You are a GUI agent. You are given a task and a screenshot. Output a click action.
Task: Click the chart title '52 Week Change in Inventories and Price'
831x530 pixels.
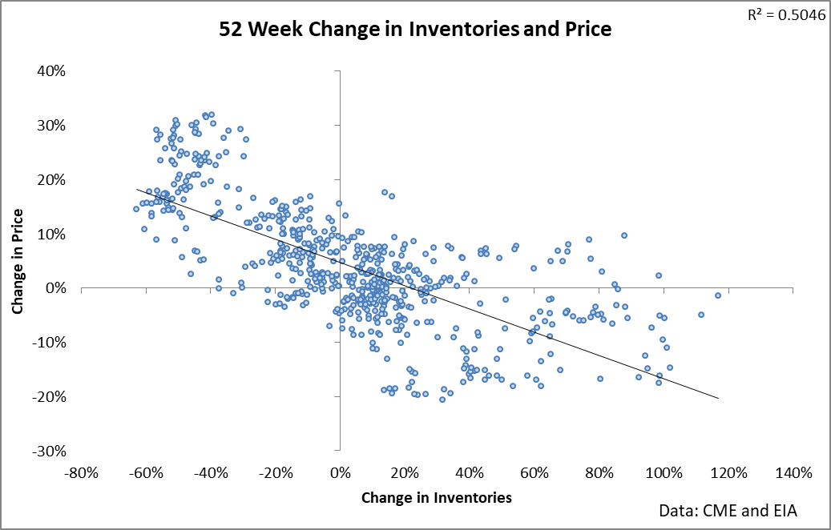pyautogui.click(x=415, y=30)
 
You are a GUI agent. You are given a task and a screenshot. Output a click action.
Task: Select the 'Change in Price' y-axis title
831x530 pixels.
pyautogui.click(x=18, y=261)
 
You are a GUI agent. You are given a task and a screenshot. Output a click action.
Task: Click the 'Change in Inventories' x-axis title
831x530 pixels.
pyautogui.click(x=436, y=497)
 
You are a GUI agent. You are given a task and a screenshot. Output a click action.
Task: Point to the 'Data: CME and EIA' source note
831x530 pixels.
pyautogui.click(x=728, y=510)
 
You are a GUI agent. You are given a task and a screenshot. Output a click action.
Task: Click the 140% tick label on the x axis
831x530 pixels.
pyautogui.click(x=793, y=472)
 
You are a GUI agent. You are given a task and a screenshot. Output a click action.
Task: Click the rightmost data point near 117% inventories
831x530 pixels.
pyautogui.click(x=718, y=295)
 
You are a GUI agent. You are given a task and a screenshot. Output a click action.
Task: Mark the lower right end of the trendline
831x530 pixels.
pyautogui.click(x=718, y=398)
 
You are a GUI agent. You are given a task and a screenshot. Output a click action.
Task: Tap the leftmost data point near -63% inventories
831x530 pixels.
pyautogui.click(x=136, y=209)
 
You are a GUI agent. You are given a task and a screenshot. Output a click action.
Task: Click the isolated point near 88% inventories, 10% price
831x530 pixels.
pyautogui.click(x=624, y=235)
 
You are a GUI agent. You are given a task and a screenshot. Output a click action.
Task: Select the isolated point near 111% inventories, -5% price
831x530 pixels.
pyautogui.click(x=700, y=315)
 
